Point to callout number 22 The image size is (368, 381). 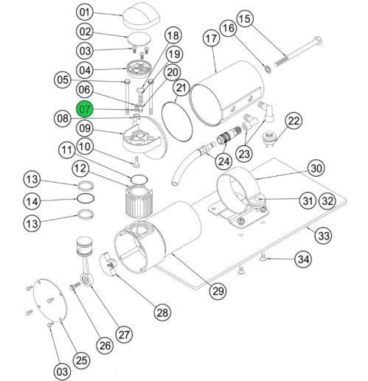[x=294, y=120]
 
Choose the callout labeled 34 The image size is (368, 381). [x=303, y=259]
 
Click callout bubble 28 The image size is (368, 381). [x=162, y=312]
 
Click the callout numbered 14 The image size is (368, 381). [x=51, y=199]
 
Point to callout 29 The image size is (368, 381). [x=216, y=291]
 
